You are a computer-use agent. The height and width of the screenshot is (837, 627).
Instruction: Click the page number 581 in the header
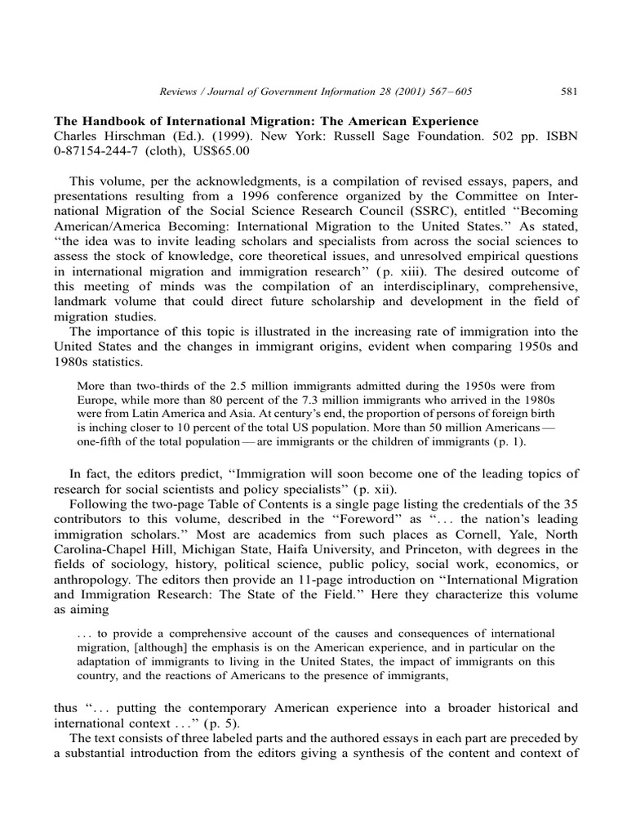click(x=570, y=92)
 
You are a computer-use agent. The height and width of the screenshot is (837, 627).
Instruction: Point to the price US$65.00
click(x=220, y=150)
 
